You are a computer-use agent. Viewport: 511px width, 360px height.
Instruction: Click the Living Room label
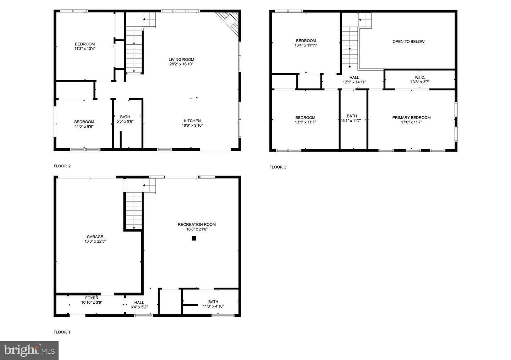(181, 60)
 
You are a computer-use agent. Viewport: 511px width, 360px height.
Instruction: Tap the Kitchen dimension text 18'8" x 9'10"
(192, 125)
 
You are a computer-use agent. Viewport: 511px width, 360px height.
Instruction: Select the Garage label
(95, 237)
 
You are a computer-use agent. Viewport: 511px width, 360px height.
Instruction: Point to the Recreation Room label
(197, 225)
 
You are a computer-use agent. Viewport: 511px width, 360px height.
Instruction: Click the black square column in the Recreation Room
(194, 238)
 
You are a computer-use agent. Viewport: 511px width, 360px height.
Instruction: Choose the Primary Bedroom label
(411, 118)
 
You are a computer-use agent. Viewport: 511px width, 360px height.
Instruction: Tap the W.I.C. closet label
(419, 78)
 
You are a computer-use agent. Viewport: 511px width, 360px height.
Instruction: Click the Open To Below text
(408, 41)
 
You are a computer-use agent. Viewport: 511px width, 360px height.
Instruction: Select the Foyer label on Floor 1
(92, 298)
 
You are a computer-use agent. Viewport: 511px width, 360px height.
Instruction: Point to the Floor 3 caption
(278, 167)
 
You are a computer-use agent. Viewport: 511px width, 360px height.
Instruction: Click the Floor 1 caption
(62, 332)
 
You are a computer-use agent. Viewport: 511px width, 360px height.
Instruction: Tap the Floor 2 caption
(62, 166)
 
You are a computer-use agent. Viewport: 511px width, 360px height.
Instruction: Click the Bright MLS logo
(29, 350)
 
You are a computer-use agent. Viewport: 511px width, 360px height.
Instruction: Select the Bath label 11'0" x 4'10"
(213, 302)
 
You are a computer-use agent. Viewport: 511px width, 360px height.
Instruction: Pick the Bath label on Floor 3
(352, 116)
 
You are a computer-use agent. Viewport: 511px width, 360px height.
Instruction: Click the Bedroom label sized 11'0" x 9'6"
(84, 122)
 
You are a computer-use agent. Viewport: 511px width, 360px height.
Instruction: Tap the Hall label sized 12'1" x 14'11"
(354, 78)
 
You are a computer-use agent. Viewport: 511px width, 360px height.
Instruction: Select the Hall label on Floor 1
(139, 303)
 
